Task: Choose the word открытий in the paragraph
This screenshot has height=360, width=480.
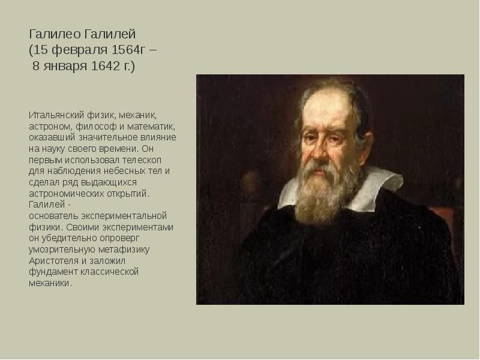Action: [x=128, y=194]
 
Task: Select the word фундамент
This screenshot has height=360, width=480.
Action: [x=50, y=272]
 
